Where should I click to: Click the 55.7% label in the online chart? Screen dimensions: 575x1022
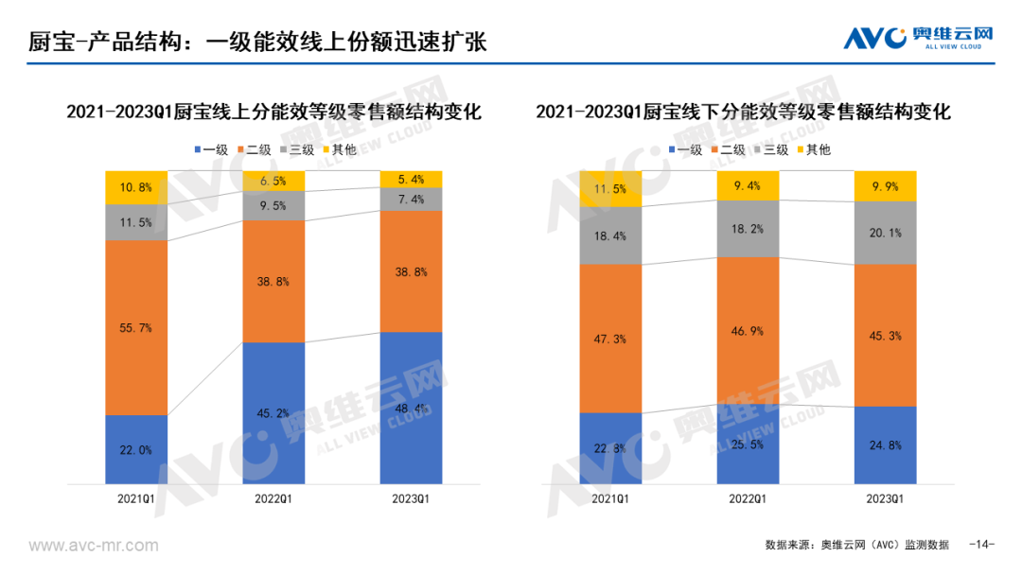136,327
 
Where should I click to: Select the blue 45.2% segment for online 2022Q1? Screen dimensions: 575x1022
273,412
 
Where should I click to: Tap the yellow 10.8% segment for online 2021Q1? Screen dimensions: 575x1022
136,187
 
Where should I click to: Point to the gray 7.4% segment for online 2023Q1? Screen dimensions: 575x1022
410,200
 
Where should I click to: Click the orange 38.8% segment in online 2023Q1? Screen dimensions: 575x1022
410,271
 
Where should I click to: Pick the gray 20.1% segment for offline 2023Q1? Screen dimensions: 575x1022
886,233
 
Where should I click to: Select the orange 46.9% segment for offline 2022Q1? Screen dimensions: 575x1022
748,331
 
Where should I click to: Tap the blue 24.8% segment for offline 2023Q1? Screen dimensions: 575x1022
886,444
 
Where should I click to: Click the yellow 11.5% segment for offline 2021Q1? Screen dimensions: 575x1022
610,189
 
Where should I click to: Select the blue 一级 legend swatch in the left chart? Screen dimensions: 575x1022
197,149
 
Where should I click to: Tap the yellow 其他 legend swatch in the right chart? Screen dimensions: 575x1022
802,149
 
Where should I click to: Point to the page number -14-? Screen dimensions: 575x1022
983,545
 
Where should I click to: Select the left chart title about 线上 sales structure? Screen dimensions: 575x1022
273,112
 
